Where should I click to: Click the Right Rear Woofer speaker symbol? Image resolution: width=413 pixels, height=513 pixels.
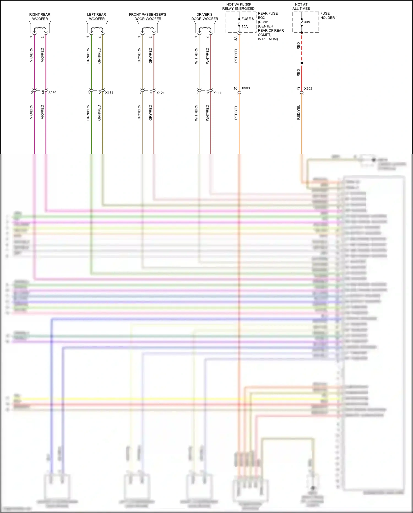pyautogui.click(x=40, y=28)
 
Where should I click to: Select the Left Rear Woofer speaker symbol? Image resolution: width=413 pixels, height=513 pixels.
pyautogui.click(x=97, y=28)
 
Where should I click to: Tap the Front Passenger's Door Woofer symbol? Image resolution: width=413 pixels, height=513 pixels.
pyautogui.click(x=148, y=28)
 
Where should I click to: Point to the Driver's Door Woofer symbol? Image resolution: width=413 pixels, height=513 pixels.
pyautogui.click(x=205, y=28)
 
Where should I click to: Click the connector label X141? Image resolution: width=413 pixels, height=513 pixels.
pyautogui.click(x=52, y=92)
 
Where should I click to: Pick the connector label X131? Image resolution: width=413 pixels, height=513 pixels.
pyautogui.click(x=109, y=93)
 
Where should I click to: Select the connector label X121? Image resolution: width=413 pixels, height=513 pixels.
pyautogui.click(x=161, y=93)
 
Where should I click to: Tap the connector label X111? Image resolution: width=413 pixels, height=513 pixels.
pyautogui.click(x=217, y=93)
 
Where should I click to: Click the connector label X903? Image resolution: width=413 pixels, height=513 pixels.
pyautogui.click(x=246, y=88)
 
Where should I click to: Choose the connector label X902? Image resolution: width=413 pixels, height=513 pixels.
pyautogui.click(x=308, y=88)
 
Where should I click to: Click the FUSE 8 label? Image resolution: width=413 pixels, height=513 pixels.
pyautogui.click(x=248, y=19)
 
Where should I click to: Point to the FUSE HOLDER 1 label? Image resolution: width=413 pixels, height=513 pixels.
pyautogui.click(x=329, y=15)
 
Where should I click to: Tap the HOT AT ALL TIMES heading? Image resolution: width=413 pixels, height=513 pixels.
pyautogui.click(x=301, y=7)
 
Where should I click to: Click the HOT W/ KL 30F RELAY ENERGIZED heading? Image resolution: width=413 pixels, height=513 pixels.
pyautogui.click(x=238, y=7)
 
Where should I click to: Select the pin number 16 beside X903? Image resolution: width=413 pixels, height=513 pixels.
pyautogui.click(x=235, y=88)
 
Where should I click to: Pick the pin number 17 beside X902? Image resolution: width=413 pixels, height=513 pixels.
pyautogui.click(x=298, y=89)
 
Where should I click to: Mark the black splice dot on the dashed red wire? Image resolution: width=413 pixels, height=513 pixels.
pyautogui.click(x=302, y=63)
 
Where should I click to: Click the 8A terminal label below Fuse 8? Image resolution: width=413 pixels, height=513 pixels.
pyautogui.click(x=236, y=39)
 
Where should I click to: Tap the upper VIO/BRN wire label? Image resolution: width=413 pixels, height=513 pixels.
pyautogui.click(x=31, y=55)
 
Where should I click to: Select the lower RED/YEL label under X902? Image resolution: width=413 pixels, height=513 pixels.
pyautogui.click(x=298, y=112)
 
